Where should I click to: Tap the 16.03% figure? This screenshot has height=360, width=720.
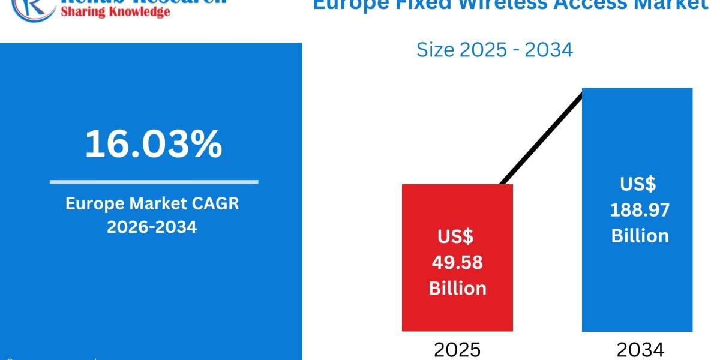(154, 145)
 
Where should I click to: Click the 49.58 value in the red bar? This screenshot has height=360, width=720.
(457, 262)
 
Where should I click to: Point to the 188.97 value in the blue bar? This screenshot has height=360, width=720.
(640, 209)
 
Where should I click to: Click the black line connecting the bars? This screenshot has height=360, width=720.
(540, 138)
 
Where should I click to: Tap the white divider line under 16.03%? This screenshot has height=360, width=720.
(154, 181)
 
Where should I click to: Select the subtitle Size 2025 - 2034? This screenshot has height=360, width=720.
(494, 50)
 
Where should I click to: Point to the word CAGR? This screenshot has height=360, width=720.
(216, 203)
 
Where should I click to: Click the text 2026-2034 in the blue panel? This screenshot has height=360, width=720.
(152, 227)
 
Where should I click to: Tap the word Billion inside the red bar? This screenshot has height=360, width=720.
(457, 288)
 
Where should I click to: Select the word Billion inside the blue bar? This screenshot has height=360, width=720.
(640, 235)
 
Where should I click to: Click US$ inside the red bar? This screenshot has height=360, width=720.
(455, 236)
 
